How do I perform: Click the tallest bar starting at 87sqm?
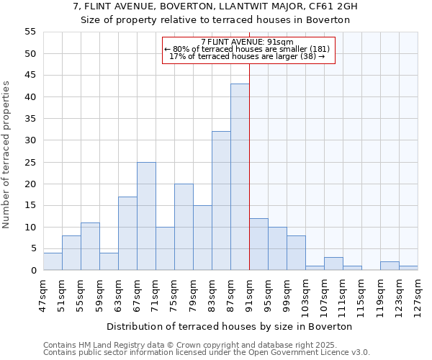[x=240, y=177]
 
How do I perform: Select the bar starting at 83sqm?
[x=221, y=201]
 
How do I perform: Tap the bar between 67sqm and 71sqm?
[x=146, y=216]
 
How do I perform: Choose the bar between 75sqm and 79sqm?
[x=184, y=227]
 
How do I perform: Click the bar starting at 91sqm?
[x=258, y=244]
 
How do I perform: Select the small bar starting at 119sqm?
[x=390, y=266]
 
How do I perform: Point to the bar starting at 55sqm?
[x=90, y=246]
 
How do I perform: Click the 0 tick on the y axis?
[x=33, y=271]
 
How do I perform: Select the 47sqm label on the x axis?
[x=43, y=293]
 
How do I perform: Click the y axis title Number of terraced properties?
[x=6, y=154]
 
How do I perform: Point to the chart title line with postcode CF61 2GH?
[x=215, y=6]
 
